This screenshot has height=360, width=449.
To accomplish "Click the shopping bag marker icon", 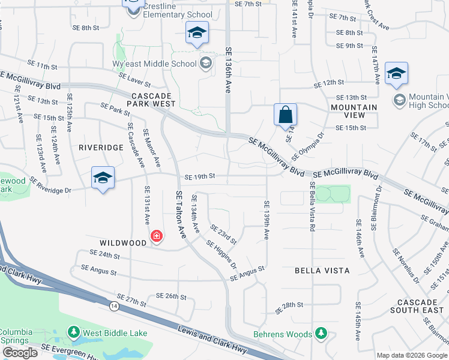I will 285,114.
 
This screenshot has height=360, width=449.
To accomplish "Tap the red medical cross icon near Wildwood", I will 157,236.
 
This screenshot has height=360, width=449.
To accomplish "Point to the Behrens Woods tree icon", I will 321,334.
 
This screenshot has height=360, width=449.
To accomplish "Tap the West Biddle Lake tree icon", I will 74,332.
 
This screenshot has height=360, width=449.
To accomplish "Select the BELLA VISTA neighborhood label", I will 321,271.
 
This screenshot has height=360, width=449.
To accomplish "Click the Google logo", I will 19,353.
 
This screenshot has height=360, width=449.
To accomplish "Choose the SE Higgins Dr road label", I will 221,255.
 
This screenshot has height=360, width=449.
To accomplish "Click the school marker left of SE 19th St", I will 103,178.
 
